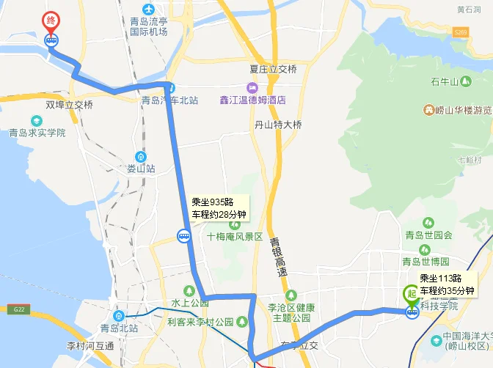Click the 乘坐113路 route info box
[x=447, y=285]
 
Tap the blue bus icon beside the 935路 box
[x=183, y=236]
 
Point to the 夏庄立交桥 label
[x=273, y=70]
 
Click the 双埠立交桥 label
[x=70, y=105]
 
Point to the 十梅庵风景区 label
[x=234, y=237]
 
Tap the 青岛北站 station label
[x=120, y=328]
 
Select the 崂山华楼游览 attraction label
[x=461, y=111]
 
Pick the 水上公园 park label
[x=186, y=302]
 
